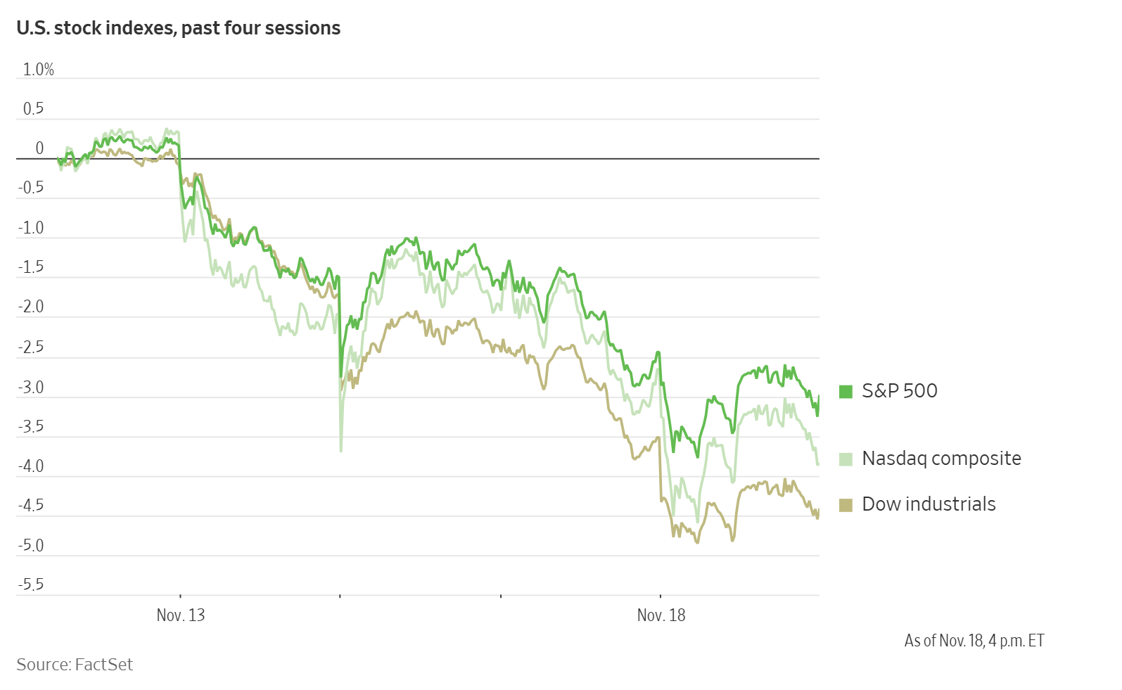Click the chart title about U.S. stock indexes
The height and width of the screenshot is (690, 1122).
tap(178, 28)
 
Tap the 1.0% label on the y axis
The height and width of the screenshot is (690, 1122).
tap(38, 69)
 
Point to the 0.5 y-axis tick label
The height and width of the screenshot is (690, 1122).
tap(33, 108)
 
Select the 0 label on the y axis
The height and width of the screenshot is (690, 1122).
tap(39, 148)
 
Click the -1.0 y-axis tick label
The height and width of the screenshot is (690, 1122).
tap(30, 228)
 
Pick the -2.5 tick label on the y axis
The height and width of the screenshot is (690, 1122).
tap(30, 347)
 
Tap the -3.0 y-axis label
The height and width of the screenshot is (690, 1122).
tap(30, 387)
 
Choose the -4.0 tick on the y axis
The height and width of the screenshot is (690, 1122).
tap(30, 466)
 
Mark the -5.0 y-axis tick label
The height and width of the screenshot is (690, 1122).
tap(30, 546)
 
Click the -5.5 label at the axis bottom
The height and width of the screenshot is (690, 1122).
tap(30, 584)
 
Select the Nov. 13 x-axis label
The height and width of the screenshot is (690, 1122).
tap(181, 615)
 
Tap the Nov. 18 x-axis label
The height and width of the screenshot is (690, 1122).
tap(661, 615)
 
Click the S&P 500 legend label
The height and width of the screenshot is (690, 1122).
tap(899, 391)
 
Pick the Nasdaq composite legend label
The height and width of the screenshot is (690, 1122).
tap(941, 459)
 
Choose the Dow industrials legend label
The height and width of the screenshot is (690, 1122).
tap(929, 504)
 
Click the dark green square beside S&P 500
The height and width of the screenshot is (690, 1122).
tap(846, 392)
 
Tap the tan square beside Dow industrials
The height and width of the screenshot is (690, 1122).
tap(846, 505)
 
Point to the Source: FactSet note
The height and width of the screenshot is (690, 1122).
tap(75, 665)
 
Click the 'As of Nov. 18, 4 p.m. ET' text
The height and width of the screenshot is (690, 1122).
tap(974, 641)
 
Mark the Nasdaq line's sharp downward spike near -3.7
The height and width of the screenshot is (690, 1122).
tap(341, 449)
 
